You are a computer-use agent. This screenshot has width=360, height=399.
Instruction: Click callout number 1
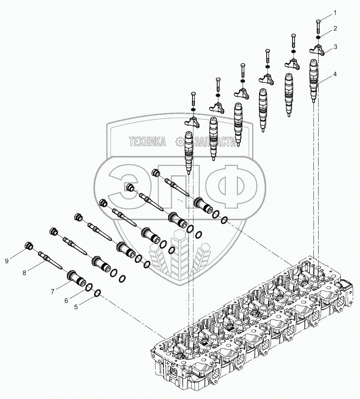point(335,13)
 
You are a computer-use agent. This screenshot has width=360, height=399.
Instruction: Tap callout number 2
point(335,28)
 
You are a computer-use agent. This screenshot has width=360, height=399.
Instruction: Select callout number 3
point(335,46)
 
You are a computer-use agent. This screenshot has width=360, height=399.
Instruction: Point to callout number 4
point(335,74)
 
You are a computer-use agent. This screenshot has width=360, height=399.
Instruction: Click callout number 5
point(76,307)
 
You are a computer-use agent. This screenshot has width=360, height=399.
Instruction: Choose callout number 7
point(53,291)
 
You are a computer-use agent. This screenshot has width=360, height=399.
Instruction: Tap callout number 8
point(24,272)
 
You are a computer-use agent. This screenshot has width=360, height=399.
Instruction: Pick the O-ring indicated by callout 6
point(89,288)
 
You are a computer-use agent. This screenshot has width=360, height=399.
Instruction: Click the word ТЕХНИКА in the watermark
point(147,142)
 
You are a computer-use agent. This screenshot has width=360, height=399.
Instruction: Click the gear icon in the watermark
point(179,142)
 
